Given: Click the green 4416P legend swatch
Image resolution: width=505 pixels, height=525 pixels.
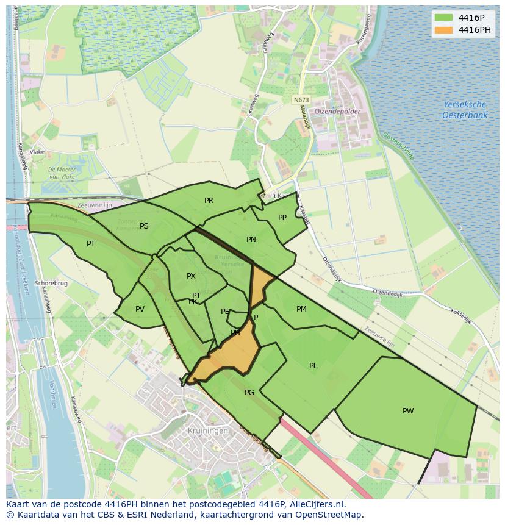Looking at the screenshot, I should (x=443, y=18).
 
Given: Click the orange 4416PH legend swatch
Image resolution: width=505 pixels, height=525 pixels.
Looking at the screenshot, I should (x=443, y=30).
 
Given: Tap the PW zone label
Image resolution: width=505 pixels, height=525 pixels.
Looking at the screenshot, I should (x=408, y=411).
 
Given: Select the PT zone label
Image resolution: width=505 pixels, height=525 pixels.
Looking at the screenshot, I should (x=91, y=244).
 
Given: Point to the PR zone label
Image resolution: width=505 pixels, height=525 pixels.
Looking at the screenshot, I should (x=209, y=201).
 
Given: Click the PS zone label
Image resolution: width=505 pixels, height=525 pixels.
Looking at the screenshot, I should (x=144, y=226).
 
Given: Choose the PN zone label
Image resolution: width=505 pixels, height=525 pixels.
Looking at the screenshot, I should (x=251, y=240).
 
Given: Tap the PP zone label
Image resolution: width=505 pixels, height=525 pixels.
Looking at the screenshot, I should (x=282, y=218).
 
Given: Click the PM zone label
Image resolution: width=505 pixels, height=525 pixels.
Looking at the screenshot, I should (x=301, y=309).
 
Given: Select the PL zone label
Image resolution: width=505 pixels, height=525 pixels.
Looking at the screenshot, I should (x=313, y=366).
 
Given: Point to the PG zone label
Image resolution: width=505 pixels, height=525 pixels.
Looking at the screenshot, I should (x=249, y=393).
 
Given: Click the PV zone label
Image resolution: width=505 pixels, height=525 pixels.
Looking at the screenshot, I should (x=140, y=309).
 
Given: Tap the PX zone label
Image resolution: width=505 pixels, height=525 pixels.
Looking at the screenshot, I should (x=191, y=276).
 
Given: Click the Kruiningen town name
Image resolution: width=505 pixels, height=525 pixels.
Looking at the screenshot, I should (x=207, y=430).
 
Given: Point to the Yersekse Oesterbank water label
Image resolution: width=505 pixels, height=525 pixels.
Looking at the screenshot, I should (x=464, y=110).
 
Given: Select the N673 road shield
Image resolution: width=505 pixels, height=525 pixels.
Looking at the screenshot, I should (x=300, y=100).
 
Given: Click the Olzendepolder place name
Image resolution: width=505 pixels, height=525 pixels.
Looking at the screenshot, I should (x=337, y=112).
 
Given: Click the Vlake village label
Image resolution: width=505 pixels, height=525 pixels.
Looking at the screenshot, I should (x=37, y=152).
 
